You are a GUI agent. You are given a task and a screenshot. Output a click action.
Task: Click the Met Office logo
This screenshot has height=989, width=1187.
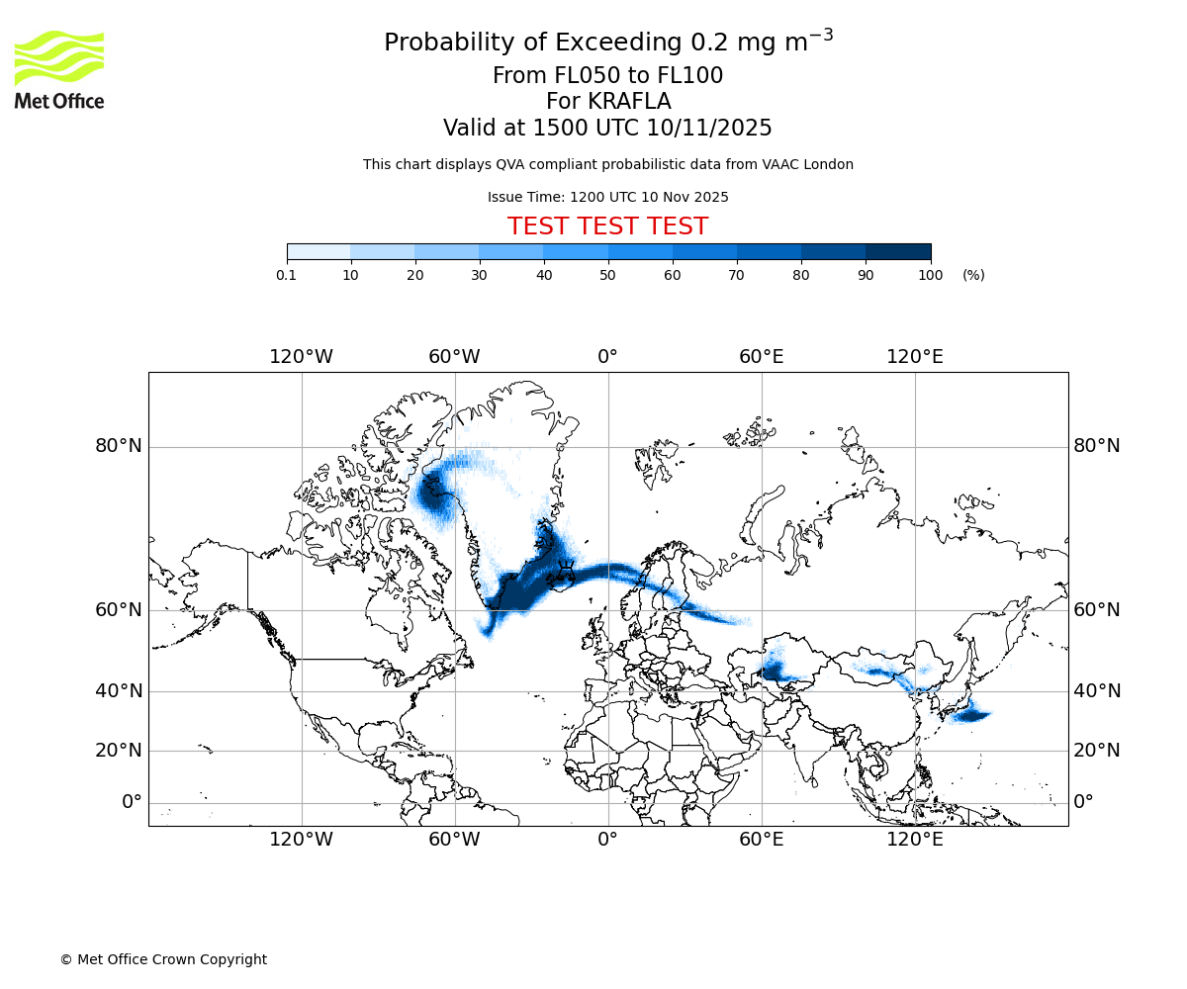pos(59,69)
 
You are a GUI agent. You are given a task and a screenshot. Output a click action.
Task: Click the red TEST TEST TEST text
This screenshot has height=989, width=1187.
pos(607,226)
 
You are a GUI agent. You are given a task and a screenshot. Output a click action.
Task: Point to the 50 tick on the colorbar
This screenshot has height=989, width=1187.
pos(608,275)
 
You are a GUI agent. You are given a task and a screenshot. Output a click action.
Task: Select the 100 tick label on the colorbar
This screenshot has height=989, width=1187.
pos(930,275)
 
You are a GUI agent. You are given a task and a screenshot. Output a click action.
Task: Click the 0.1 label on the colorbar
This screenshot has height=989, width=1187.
pos(286,275)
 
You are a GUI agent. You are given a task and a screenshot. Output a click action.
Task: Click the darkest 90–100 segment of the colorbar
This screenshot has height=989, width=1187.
pos(898,251)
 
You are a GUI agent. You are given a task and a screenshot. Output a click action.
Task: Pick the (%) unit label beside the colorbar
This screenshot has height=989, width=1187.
pos(973,275)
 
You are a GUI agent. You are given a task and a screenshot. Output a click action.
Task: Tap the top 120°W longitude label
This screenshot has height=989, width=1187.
pos(301,356)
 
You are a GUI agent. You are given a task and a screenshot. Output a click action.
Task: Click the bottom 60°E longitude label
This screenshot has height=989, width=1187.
pos(761,840)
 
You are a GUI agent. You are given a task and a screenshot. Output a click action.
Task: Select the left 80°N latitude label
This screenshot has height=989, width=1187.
pos(119,446)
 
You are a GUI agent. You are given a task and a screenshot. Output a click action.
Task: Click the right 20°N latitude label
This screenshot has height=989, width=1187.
pos(1097,751)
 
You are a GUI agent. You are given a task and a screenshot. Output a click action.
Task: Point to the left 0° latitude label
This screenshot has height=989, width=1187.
pos(132,802)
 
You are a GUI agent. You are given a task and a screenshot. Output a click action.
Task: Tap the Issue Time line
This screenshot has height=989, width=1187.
pos(607,197)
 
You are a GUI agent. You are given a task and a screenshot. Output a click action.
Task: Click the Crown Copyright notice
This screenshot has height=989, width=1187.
pos(163,959)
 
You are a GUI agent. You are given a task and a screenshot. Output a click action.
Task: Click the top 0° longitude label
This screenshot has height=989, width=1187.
pos(607,356)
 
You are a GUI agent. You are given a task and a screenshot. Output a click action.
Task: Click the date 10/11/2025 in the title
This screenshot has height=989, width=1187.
pos(709,129)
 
